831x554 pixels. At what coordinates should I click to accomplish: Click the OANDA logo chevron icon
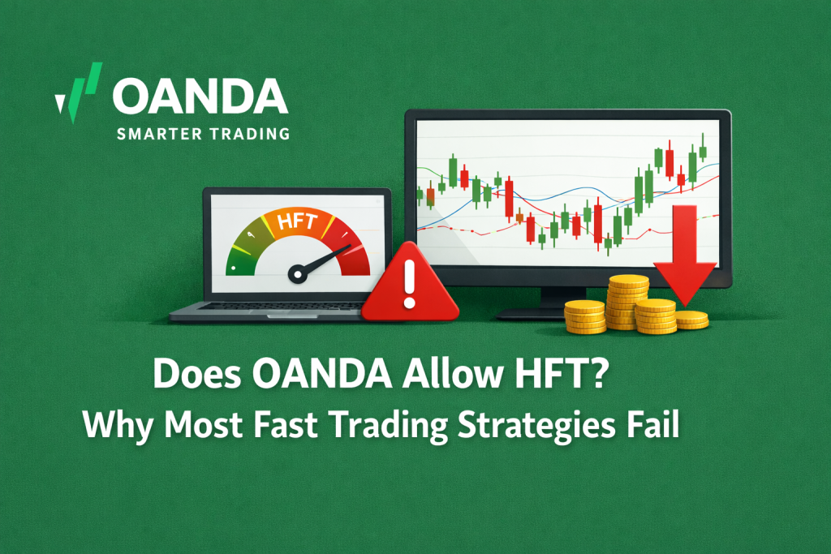[80, 92]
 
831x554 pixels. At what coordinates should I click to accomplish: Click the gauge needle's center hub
[298, 275]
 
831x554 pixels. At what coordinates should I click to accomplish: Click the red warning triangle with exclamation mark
[409, 285]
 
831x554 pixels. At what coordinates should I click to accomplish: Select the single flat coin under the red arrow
[691, 320]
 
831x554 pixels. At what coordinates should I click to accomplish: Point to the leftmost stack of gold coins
[583, 316]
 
